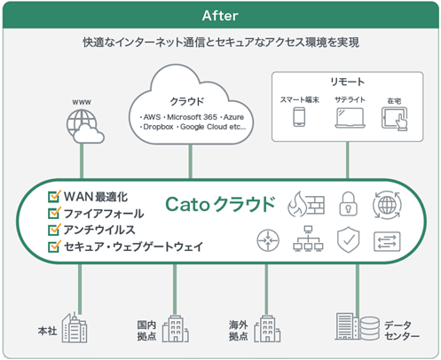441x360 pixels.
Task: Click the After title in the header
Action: [x=219, y=15]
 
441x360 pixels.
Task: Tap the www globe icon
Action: [x=85, y=127]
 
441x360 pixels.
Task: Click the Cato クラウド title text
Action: [x=221, y=204]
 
